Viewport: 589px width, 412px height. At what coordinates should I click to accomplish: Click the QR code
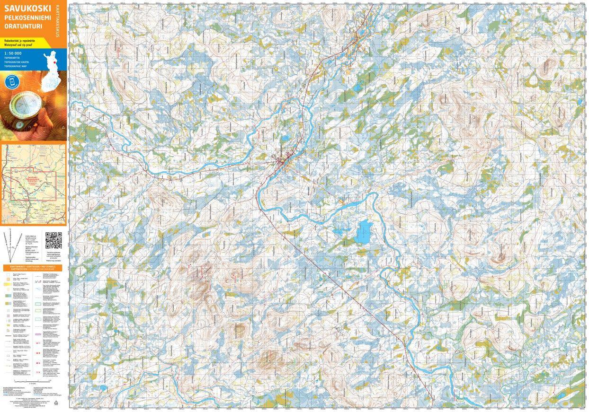54,241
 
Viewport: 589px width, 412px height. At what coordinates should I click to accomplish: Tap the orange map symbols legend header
34,268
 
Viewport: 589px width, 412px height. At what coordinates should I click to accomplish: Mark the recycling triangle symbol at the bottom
56,403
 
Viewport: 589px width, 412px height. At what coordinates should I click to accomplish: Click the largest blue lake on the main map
364,232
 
